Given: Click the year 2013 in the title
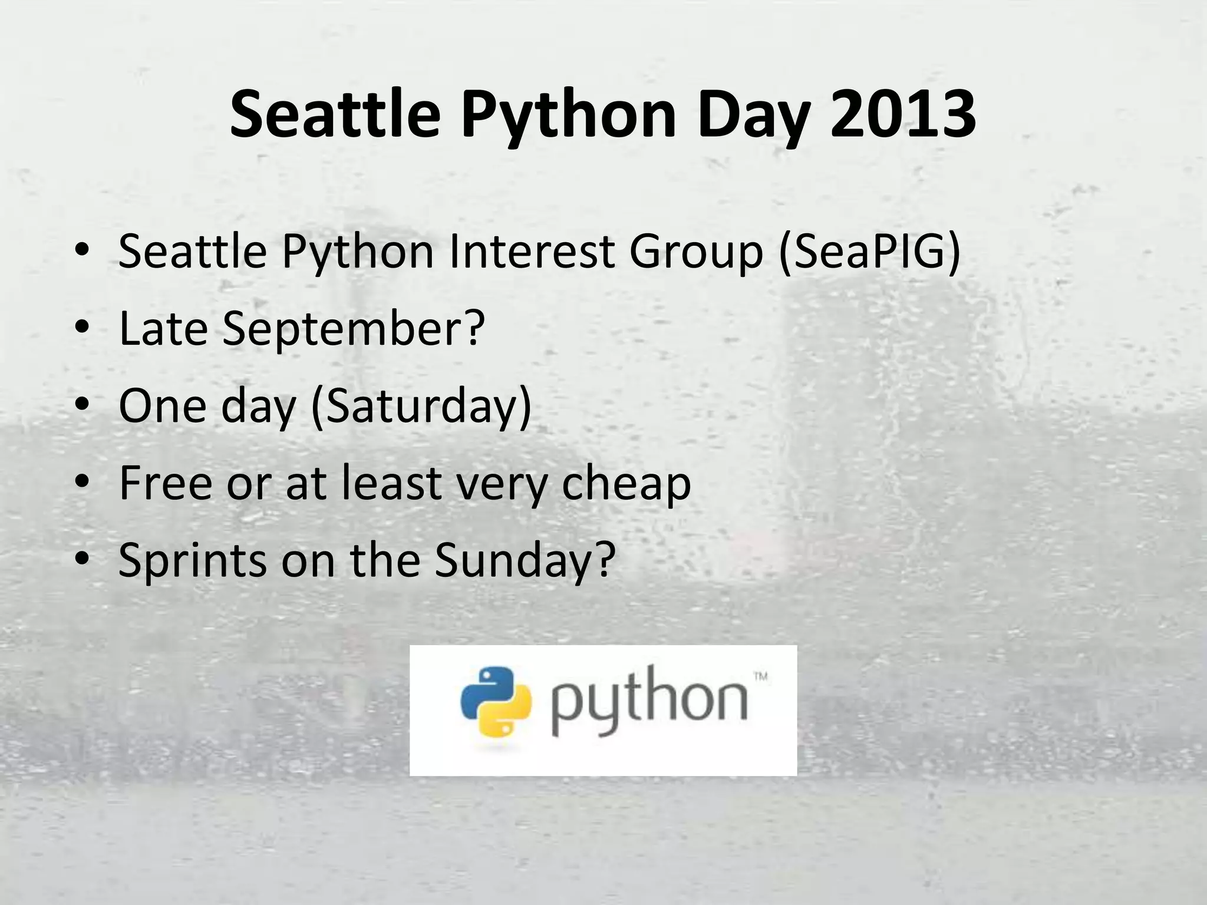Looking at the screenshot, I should (x=903, y=114).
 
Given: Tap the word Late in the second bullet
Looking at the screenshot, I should (x=163, y=328).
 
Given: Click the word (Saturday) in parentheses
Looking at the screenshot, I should (x=421, y=407).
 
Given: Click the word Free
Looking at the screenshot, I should (x=166, y=483).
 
